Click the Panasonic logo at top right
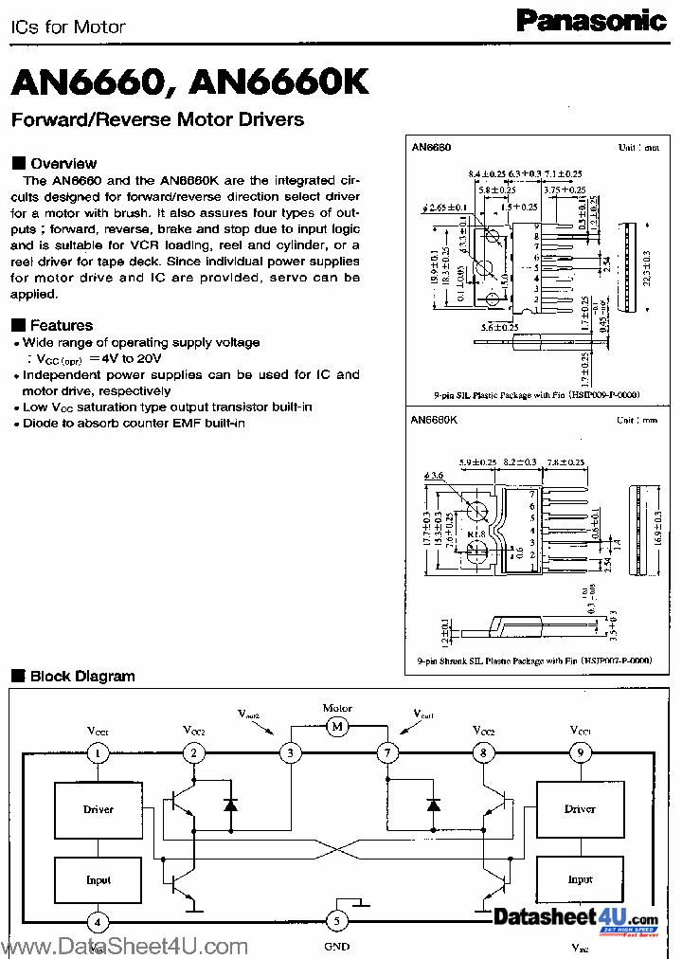click(x=591, y=20)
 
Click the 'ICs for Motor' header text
click(x=68, y=27)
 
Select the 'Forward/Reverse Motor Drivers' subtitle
click(x=157, y=119)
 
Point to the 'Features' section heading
click(x=61, y=325)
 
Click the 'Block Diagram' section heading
click(x=82, y=676)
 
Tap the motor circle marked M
click(x=336, y=727)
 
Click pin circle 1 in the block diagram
click(x=98, y=753)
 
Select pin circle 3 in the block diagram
click(x=289, y=753)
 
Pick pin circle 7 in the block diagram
click(x=386, y=753)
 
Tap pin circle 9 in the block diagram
click(x=579, y=753)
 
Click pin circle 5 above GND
click(x=336, y=919)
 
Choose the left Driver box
click(x=98, y=809)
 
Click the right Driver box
click(x=579, y=809)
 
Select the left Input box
click(x=98, y=880)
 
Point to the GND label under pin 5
click(x=336, y=946)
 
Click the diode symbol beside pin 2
click(x=230, y=805)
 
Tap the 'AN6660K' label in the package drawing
click(x=436, y=420)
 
